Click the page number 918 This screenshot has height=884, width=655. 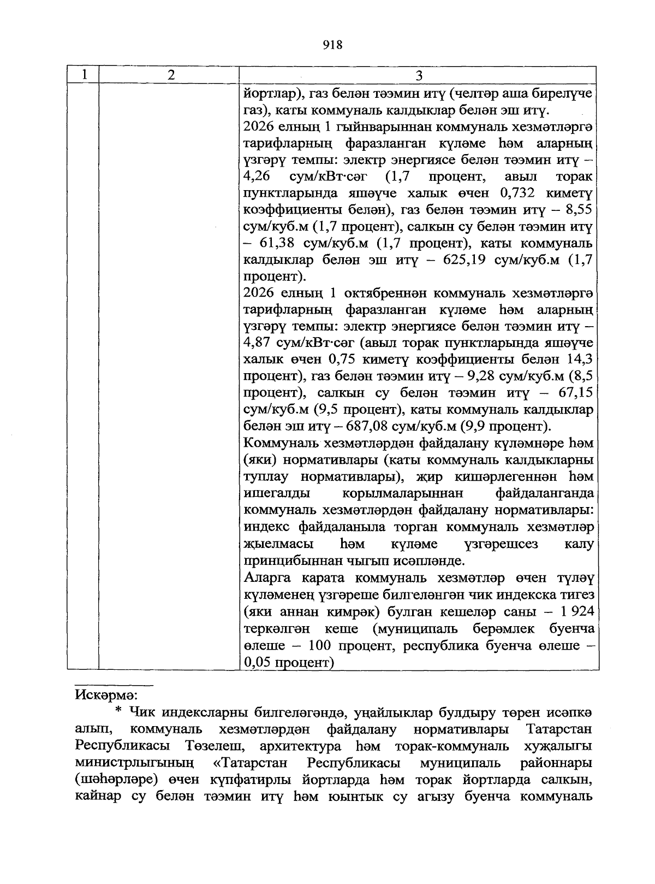pyautogui.click(x=332, y=45)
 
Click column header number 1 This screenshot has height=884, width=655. pyautogui.click(x=83, y=75)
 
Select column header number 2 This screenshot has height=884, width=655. pyautogui.click(x=171, y=75)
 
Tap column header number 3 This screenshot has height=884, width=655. pyautogui.click(x=419, y=75)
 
